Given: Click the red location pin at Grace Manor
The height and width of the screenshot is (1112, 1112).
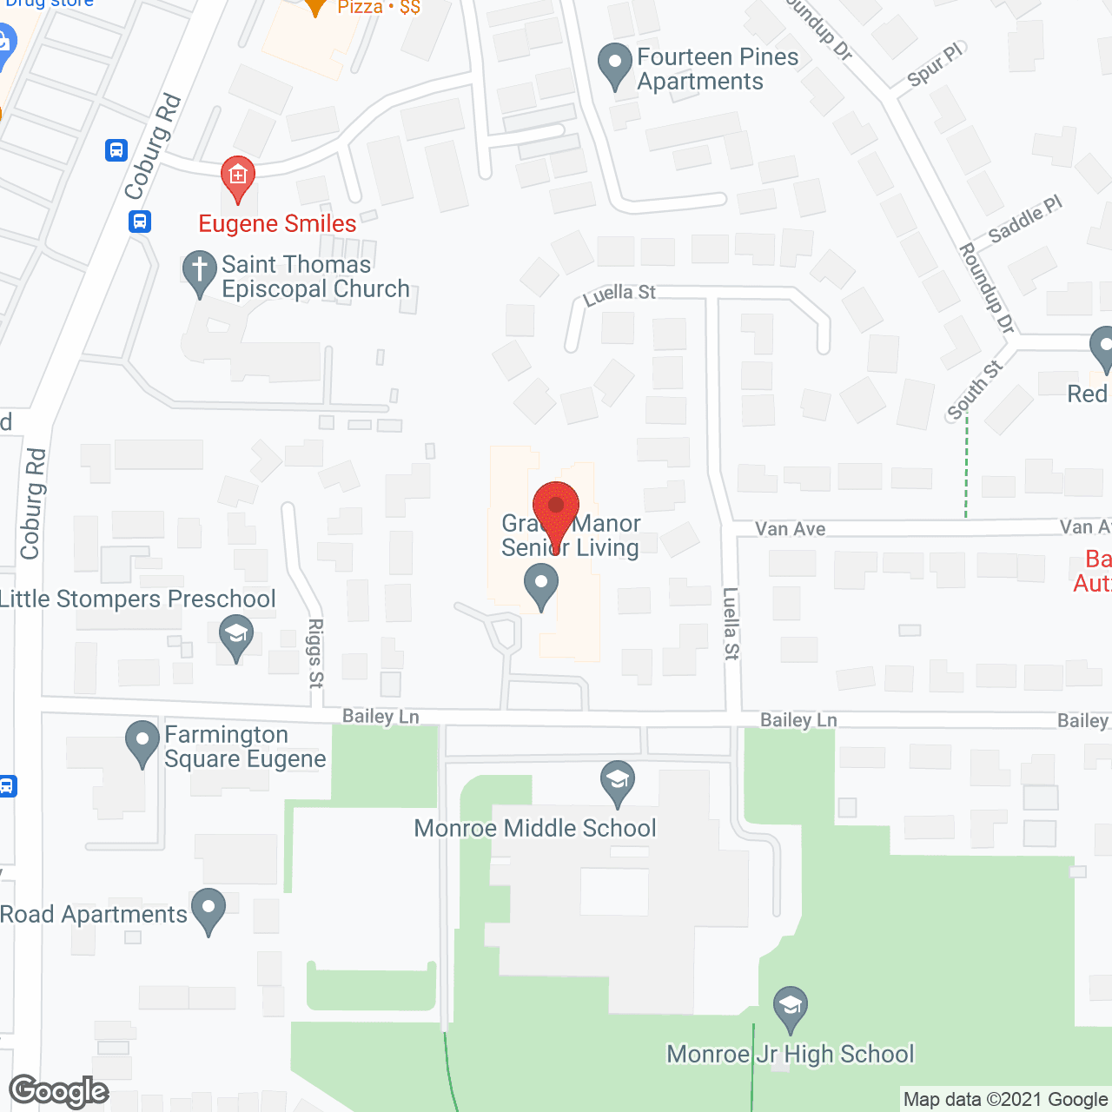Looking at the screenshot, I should click(556, 509).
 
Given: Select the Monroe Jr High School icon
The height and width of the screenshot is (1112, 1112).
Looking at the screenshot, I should click(790, 1008).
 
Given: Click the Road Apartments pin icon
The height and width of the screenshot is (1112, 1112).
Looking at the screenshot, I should click(208, 910).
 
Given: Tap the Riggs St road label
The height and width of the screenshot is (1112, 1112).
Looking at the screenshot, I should click(316, 653).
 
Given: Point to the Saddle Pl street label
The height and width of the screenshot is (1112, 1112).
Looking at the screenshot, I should click(1025, 219).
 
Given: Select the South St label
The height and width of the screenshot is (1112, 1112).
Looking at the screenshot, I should click(975, 389).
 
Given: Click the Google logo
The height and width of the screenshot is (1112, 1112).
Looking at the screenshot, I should click(59, 1091).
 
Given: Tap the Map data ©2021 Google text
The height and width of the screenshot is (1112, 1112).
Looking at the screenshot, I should click(1005, 1100).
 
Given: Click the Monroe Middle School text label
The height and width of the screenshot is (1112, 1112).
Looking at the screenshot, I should click(535, 828).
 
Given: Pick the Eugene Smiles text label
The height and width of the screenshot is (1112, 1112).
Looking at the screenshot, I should click(277, 224).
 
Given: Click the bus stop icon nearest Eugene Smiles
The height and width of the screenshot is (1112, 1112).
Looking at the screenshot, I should click(140, 222).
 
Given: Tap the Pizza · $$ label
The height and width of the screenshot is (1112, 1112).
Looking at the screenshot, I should click(379, 7).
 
